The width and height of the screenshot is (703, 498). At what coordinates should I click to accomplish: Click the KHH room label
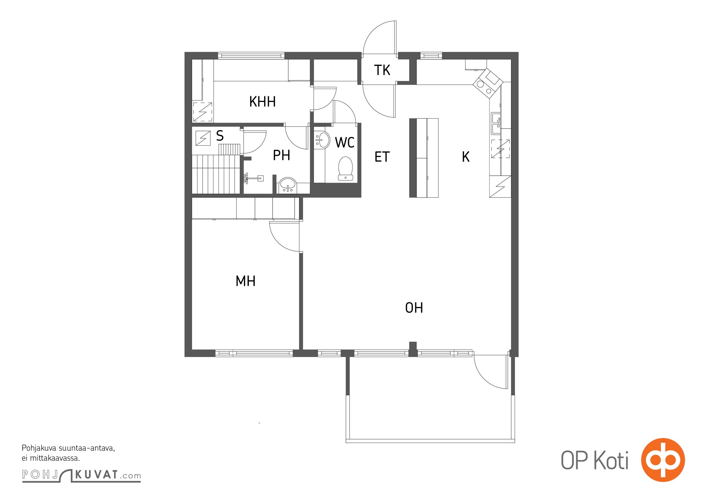[262, 102]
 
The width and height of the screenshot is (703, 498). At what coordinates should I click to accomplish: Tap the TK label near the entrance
[382, 70]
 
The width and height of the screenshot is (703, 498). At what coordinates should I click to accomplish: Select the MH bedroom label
[246, 281]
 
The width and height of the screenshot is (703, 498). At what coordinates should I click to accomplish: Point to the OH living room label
[414, 308]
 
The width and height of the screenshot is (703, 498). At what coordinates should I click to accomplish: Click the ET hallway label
[382, 157]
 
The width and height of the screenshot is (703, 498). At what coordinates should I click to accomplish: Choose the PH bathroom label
[282, 155]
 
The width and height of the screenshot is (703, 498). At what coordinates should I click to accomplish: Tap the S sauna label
[220, 136]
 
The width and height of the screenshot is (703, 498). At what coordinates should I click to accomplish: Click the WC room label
[345, 143]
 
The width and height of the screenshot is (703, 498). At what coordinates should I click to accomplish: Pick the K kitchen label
[466, 157]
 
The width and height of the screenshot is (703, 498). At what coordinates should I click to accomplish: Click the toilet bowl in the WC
[345, 168]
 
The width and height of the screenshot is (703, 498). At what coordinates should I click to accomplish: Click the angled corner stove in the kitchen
[488, 83]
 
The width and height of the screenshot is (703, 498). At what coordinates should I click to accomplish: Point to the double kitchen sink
[496, 124]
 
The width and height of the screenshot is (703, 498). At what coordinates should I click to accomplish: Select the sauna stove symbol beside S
[203, 138]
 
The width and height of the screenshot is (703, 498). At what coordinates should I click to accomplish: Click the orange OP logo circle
[663, 460]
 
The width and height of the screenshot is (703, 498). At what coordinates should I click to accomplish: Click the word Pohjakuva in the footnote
[39, 449]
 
